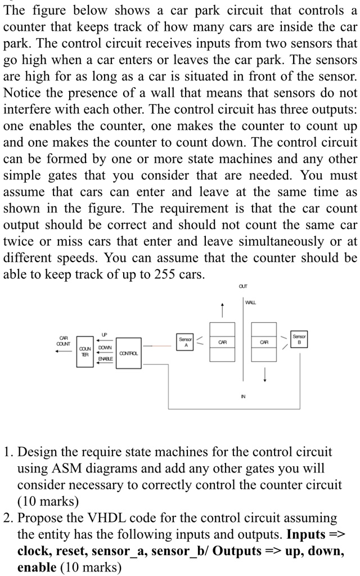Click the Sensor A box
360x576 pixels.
pyautogui.click(x=186, y=342)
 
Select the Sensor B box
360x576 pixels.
pyautogui.click(x=299, y=339)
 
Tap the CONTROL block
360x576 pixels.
pyautogui.click(x=129, y=353)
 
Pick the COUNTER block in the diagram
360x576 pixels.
pyautogui.click(x=85, y=352)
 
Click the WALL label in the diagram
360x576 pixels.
pyautogui.click(x=250, y=302)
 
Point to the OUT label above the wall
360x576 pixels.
pyautogui.click(x=243, y=286)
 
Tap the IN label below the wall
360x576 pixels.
pyautogui.click(x=243, y=397)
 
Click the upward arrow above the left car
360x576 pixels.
pyautogui.click(x=222, y=310)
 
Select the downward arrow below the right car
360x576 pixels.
pyautogui.click(x=264, y=374)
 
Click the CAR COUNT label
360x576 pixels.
pyautogui.click(x=63, y=340)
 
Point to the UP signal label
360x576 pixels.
pyautogui.click(x=104, y=335)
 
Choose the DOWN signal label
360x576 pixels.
pyautogui.click(x=105, y=347)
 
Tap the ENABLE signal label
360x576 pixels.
pyautogui.click(x=105, y=358)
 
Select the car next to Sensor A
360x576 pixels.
pyautogui.click(x=222, y=342)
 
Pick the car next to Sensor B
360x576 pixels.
pyautogui.click(x=264, y=342)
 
